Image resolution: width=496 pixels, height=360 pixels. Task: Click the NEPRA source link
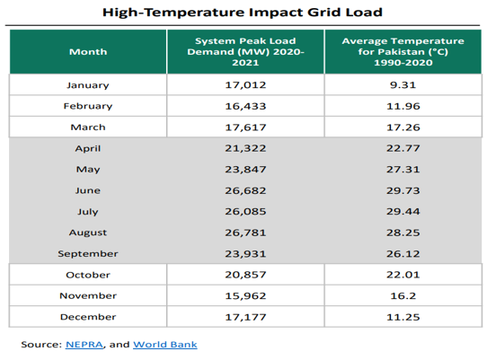[84, 344]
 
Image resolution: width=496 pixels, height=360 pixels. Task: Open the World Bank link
[165, 344]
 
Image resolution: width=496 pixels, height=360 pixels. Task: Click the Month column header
[88, 51]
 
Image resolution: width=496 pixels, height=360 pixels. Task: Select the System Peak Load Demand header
[245, 51]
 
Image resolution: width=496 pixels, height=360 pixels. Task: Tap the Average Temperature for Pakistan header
[403, 51]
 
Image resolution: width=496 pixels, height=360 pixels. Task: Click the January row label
[88, 85]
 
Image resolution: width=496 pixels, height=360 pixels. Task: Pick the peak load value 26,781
[245, 233]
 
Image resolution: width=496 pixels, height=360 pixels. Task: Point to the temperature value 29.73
[403, 190]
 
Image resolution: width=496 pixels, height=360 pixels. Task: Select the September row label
[88, 254]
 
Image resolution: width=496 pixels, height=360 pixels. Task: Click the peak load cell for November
[245, 296]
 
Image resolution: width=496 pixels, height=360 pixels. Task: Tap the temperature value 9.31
[403, 85]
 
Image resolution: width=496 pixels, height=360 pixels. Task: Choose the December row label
[88, 317]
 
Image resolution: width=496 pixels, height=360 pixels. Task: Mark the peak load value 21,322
[245, 148]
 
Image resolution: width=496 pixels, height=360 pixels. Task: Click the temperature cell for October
[403, 275]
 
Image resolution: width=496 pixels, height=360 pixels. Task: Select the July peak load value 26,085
[245, 212]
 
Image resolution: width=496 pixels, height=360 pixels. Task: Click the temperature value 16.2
[403, 296]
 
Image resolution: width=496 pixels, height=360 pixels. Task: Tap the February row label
[88, 106]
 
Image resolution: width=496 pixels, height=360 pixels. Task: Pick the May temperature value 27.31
[403, 170]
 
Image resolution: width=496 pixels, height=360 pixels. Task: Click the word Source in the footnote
[41, 344]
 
